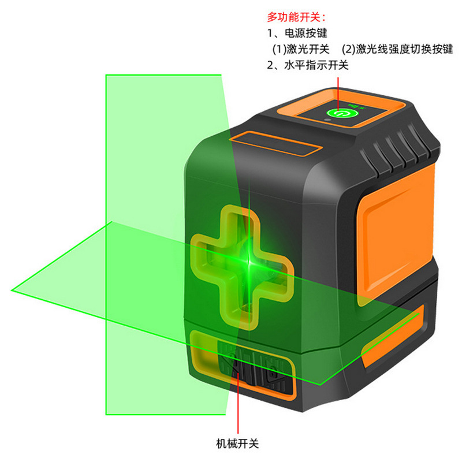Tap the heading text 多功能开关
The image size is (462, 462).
tap(292, 18)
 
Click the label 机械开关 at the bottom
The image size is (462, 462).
tap(237, 444)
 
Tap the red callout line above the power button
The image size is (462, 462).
tap(339, 87)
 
